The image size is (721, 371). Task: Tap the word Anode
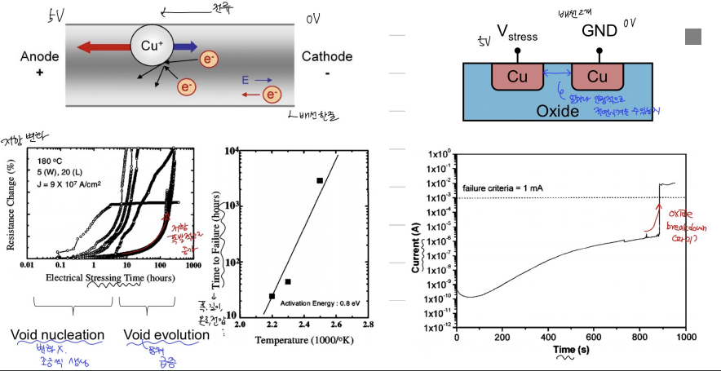(x=36, y=56)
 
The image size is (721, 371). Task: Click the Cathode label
(x=327, y=56)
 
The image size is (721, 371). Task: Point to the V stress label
(x=516, y=35)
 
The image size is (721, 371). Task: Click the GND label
(x=599, y=31)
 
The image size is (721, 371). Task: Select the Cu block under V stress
(x=518, y=77)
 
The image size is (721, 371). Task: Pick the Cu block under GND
(x=598, y=77)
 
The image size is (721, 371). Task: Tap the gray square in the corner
(x=693, y=35)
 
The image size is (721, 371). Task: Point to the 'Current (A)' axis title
(x=416, y=241)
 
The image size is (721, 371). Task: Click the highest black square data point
(x=320, y=180)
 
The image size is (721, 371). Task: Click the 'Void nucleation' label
(x=58, y=335)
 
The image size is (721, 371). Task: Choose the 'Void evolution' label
(x=166, y=335)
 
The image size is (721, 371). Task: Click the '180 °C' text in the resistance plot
(x=51, y=161)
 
